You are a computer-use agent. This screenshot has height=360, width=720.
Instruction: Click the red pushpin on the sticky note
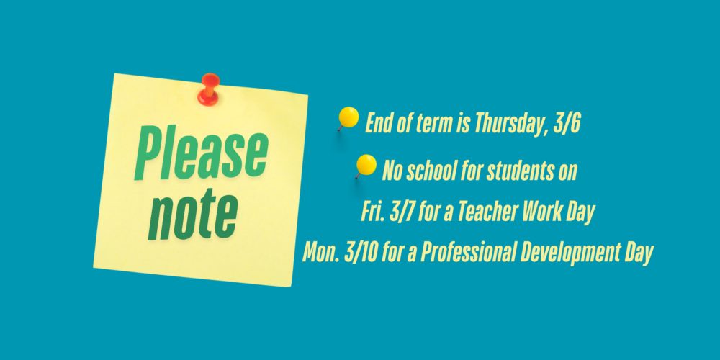tap(209, 89)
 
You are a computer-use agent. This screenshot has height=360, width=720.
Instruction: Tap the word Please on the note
tap(201, 153)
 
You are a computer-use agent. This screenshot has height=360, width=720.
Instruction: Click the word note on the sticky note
tap(193, 214)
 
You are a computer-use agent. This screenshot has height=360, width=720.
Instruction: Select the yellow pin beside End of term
tap(348, 118)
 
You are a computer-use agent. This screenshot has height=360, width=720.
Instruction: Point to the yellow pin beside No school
tap(366, 166)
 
